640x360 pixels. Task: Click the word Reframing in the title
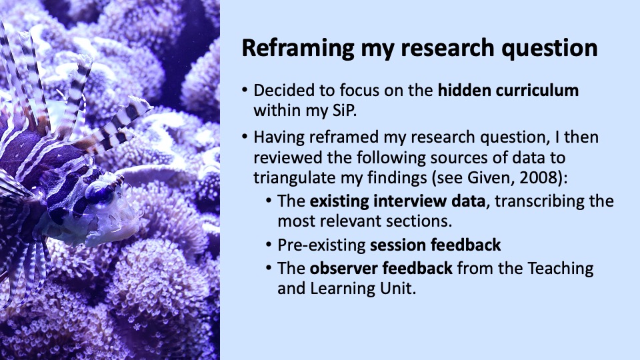(x=298, y=48)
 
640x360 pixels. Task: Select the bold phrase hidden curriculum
(x=508, y=90)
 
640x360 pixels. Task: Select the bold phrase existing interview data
(x=397, y=201)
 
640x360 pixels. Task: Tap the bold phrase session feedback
(x=435, y=245)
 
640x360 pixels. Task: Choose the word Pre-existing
(x=321, y=245)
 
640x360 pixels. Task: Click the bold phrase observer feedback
(x=381, y=268)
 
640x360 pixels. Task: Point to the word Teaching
(x=561, y=269)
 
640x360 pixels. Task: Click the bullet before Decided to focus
(x=245, y=90)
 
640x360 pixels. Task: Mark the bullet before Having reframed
(x=245, y=136)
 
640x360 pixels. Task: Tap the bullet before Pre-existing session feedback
(x=269, y=245)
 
